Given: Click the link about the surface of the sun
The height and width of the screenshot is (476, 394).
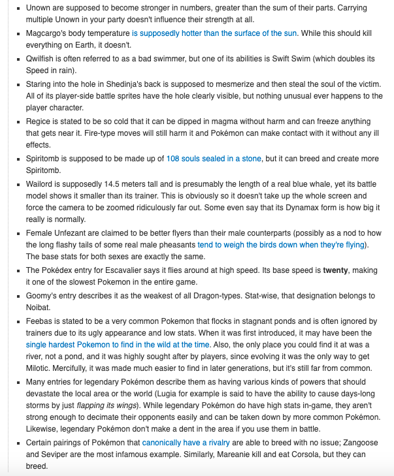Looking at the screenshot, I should [214, 33].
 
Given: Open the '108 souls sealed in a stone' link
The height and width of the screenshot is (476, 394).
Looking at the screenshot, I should [214, 159].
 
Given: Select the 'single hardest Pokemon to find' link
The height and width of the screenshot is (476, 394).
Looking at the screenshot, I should [118, 344].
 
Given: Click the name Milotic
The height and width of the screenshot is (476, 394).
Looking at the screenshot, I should [41, 368].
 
